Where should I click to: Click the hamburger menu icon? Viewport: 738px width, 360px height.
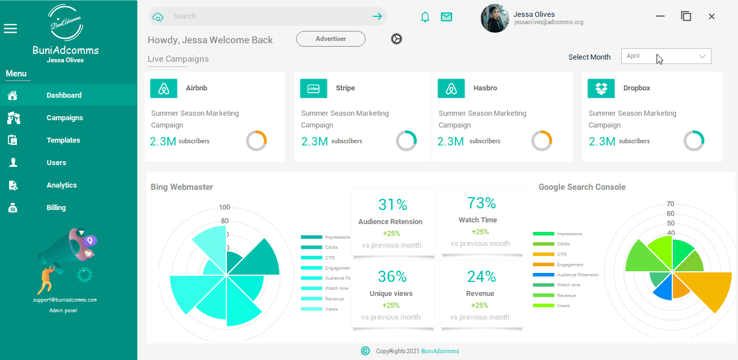pos(10,29)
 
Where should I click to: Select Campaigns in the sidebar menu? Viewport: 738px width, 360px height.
pos(65,118)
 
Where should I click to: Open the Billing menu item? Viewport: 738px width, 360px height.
pos(56,208)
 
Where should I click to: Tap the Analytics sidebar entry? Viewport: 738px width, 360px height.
pos(62,185)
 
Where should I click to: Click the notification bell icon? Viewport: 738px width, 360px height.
pos(425,17)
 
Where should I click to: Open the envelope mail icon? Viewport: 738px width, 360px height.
pos(447,17)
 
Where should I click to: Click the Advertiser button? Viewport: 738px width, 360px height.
pos(331,39)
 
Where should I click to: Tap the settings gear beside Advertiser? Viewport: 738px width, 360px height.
pos(397,39)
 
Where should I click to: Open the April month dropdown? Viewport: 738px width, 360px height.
pos(666,56)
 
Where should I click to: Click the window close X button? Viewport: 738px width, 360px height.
pos(712,17)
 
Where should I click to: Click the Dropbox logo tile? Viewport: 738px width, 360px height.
pos(602,88)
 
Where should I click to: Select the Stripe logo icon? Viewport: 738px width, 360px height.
pos(313,88)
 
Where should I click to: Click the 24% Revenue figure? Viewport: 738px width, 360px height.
pos(481,276)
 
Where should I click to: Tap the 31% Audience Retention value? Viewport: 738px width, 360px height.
pos(393,205)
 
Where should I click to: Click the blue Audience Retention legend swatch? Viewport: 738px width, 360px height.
pos(543,275)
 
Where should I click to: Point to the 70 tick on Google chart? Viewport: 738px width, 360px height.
pos(670,204)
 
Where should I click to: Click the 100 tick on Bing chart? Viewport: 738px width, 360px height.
pos(225,207)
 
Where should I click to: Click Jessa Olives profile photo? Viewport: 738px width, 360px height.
pos(495,19)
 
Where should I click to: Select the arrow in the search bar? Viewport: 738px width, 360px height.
pos(377,16)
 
